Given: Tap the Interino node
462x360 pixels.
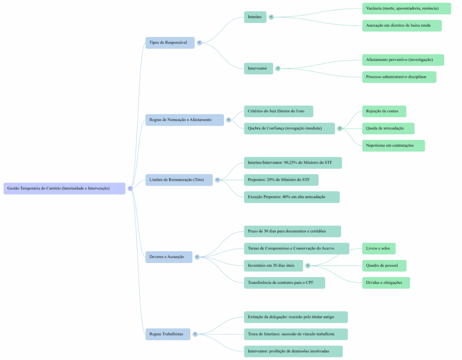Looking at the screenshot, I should [x=255, y=17].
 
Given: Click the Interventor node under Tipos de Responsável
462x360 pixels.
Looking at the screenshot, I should [x=258, y=69].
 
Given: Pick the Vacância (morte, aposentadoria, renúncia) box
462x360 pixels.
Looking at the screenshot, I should [x=406, y=8].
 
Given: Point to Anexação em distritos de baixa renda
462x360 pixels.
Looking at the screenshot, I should [x=402, y=25].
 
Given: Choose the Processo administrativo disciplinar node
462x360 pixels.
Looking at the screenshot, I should [x=399, y=77].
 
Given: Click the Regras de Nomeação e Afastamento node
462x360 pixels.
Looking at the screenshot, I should [x=184, y=120].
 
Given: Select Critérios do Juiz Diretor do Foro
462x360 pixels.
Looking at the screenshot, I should [x=278, y=111].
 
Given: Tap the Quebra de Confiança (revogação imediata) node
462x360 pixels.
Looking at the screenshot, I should [x=289, y=128].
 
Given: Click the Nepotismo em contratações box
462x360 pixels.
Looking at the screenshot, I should [x=393, y=145].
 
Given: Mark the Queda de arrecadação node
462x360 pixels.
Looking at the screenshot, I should [x=388, y=128].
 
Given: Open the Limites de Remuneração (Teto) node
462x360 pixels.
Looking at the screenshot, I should [x=179, y=180].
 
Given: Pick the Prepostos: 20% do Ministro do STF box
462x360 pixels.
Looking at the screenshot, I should [x=281, y=180].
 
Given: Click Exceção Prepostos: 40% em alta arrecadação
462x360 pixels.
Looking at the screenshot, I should [x=291, y=197].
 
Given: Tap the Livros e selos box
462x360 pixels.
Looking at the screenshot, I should [x=379, y=248].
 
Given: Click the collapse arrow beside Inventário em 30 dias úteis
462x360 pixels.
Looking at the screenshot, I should [x=308, y=265].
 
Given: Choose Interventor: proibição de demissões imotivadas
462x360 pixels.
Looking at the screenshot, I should [x=293, y=351].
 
